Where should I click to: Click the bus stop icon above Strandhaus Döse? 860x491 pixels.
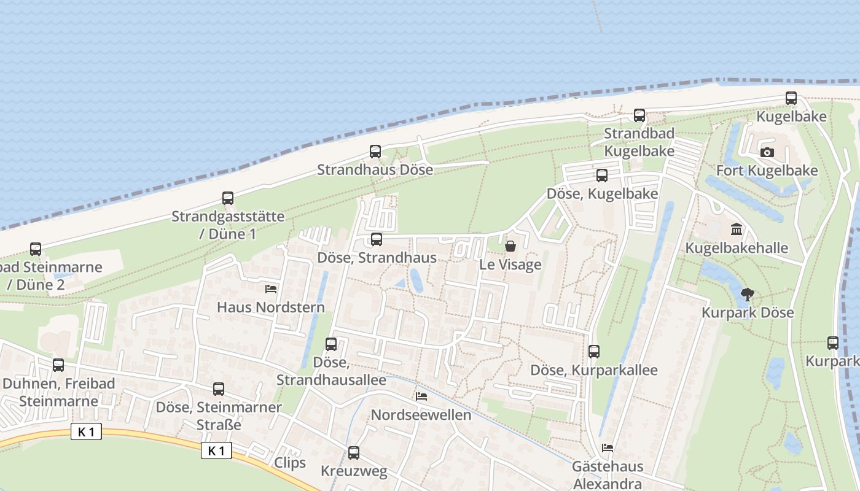coord(375,152)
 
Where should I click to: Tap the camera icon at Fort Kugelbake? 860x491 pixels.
coord(767,152)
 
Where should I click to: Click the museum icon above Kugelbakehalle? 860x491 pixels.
coord(736,230)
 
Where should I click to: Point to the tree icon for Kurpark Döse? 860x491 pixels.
coord(747,295)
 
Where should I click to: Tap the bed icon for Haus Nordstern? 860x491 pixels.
coord(271,288)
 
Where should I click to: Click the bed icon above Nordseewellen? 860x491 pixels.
coord(421,396)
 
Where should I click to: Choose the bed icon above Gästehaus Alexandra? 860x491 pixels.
coord(608,448)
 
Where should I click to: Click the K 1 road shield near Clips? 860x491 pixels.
coord(216,451)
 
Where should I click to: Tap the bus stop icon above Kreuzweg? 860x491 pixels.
coord(354,453)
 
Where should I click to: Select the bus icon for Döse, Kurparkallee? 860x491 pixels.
coord(593,352)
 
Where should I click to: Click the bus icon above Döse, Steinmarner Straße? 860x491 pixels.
coord(219,389)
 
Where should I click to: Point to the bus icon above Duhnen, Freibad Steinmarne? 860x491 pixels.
coord(58,365)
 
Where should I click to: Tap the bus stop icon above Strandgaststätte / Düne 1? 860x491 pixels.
coord(228,198)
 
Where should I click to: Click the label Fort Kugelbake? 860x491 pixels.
coord(767,171)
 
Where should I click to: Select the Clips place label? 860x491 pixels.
coord(290,462)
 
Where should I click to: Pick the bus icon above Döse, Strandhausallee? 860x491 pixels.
coord(331,344)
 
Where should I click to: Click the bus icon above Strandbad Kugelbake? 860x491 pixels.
coord(639,115)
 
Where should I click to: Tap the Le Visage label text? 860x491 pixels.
coord(510,265)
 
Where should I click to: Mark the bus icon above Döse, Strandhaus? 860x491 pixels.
coord(377,239)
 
